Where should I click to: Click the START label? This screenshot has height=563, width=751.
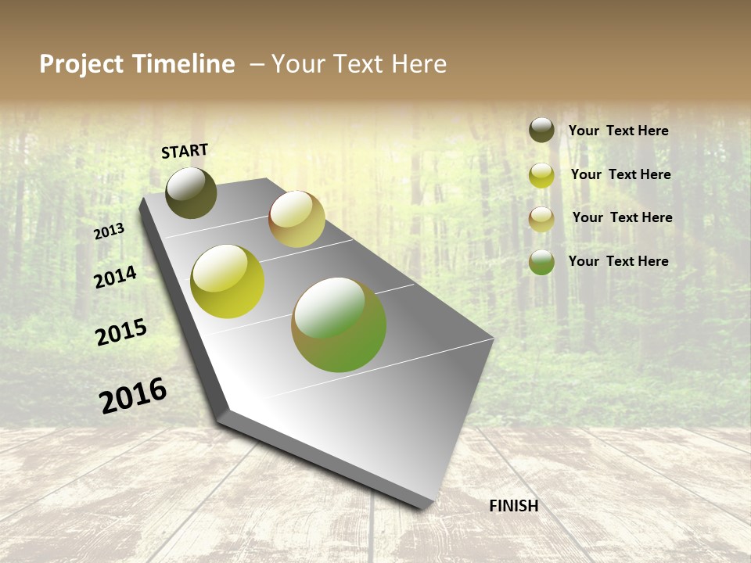[185, 151]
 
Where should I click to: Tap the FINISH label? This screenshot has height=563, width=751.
[513, 506]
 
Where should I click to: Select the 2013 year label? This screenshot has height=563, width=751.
[110, 231]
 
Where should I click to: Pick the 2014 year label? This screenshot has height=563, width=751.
[115, 277]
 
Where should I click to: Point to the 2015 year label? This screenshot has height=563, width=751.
[121, 332]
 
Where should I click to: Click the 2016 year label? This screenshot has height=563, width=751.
[133, 395]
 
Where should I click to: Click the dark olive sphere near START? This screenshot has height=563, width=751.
[191, 192]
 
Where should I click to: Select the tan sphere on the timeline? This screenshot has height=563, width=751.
[296, 219]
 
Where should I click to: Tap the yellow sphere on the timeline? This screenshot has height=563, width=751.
[228, 281]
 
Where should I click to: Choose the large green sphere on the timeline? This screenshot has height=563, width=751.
[339, 325]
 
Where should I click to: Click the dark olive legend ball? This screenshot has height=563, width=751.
[541, 131]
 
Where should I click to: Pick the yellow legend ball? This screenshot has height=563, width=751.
[541, 175]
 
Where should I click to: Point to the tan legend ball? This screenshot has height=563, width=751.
[541, 219]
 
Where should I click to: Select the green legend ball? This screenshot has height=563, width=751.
[541, 262]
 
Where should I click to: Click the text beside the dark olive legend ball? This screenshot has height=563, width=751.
[618, 131]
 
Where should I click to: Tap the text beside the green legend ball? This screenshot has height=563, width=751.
[618, 261]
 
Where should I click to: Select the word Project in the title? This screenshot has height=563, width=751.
[82, 64]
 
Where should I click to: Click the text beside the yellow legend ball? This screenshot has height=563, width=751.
[620, 174]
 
